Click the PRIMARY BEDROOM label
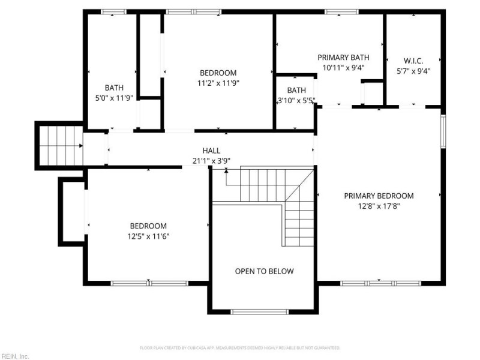click(379, 196)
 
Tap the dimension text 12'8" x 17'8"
click(379, 206)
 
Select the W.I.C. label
click(413, 61)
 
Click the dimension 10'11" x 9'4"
click(343, 68)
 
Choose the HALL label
click(211, 151)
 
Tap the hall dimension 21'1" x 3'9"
click(211, 160)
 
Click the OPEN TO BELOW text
click(264, 271)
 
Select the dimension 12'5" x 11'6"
click(148, 236)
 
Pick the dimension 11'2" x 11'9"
click(218, 83)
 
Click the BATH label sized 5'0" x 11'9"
click(114, 88)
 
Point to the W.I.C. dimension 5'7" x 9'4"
click(413, 70)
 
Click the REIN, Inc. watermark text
click(15, 356)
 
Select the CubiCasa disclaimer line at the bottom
click(240, 347)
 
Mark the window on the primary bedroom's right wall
click(443, 131)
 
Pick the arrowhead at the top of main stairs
click(226, 171)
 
